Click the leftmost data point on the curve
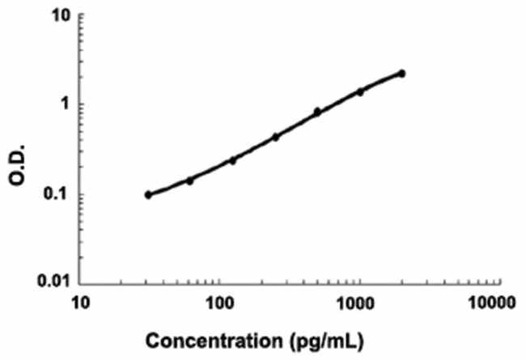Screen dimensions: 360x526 148,195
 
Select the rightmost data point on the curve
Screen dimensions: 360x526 402,74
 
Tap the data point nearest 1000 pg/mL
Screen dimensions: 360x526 360,91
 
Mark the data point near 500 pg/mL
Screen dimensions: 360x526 317,112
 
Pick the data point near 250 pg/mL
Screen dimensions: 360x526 275,137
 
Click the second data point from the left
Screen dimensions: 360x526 190,180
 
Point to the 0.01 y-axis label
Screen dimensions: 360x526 53,282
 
